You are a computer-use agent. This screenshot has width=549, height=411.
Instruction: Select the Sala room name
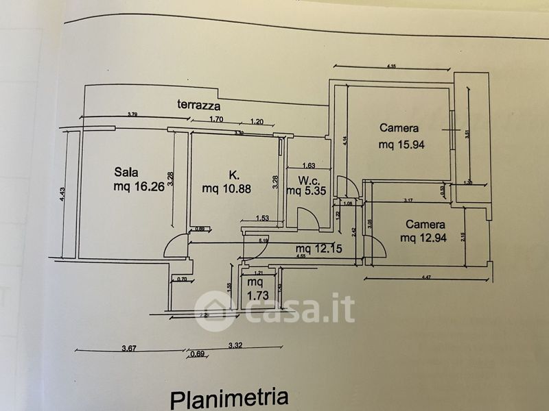click(128, 171)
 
